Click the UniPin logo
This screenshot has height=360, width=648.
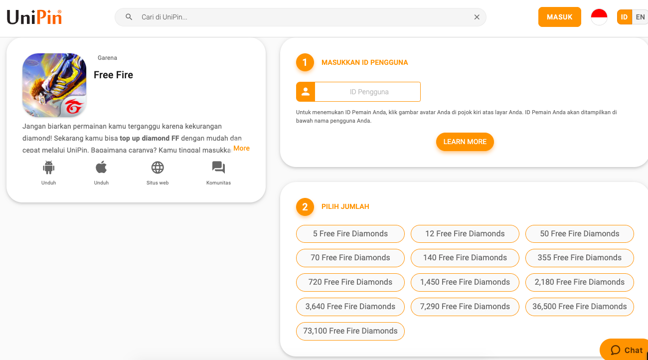pos(34,17)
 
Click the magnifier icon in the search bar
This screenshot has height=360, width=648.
pos(129,17)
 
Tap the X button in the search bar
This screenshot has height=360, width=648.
pos(477,17)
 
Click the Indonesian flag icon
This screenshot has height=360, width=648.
pos(599,17)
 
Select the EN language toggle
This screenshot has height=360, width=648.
pos(640,17)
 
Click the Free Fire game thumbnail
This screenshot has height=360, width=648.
pos(54,85)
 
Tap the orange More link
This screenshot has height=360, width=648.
pos(241,148)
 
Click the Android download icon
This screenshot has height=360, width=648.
pos(49,167)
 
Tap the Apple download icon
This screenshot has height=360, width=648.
pos(101,167)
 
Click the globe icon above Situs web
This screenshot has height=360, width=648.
pos(158,167)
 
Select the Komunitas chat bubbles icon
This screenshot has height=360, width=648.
pos(218,167)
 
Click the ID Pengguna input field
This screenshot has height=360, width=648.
pos(367,92)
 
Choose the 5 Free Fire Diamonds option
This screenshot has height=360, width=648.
pos(350,234)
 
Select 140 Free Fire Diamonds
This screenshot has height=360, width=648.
pos(465,258)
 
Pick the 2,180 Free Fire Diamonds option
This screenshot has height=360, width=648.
pos(579,282)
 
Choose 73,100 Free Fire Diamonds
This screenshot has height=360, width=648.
pos(350,331)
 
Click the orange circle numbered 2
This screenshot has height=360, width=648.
pos(305,207)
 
